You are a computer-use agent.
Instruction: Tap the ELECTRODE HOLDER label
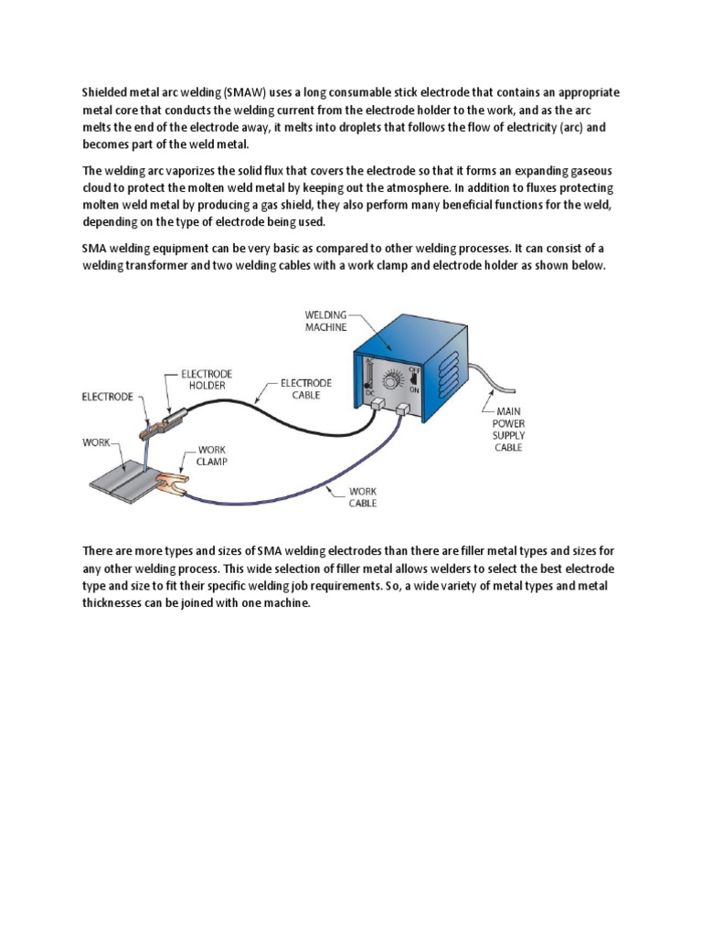click(x=207, y=379)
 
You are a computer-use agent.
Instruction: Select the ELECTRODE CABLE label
click(x=305, y=388)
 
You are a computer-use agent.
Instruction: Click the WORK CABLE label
click(x=363, y=497)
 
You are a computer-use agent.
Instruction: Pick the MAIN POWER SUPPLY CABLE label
click(x=508, y=430)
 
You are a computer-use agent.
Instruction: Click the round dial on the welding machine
click(x=396, y=378)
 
